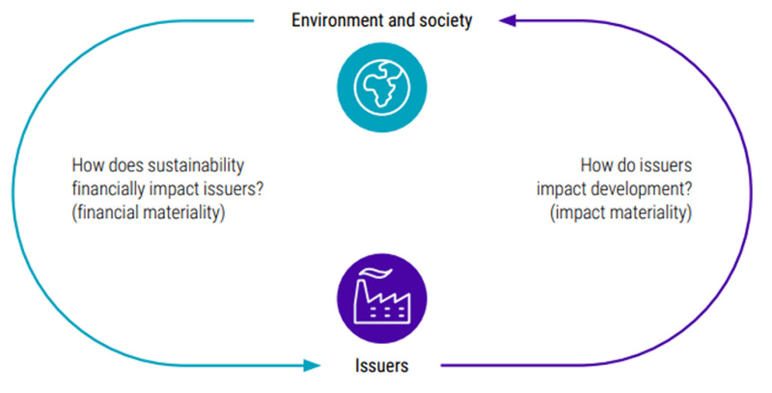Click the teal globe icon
click(x=381, y=86)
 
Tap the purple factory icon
click(x=381, y=298)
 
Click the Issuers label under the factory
click(x=381, y=367)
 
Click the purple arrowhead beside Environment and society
click(x=506, y=20)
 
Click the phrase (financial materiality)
click(x=149, y=213)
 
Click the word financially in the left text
click(x=106, y=189)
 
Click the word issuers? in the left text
click(x=232, y=189)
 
